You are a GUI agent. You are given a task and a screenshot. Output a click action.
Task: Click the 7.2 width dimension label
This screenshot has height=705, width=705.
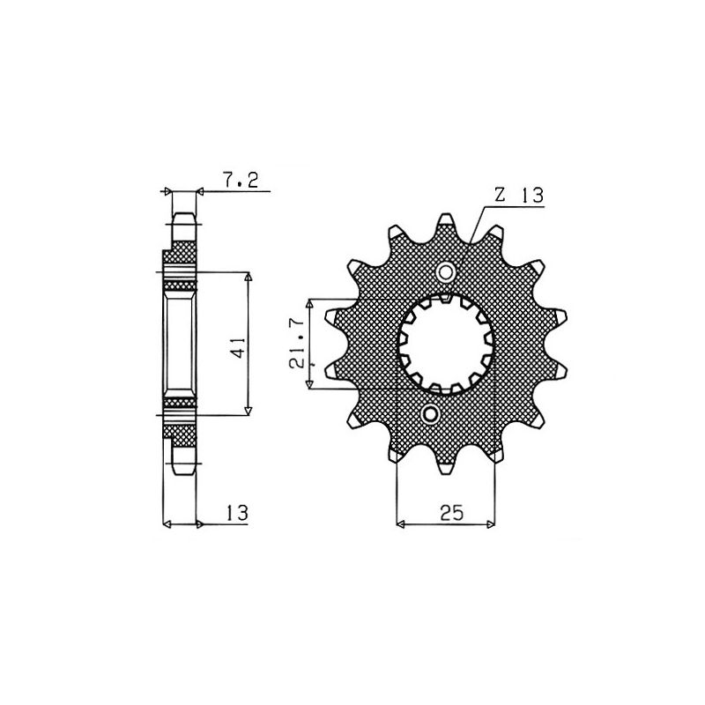click(240, 182)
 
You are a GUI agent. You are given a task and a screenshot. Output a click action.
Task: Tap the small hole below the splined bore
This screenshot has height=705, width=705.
click(430, 413)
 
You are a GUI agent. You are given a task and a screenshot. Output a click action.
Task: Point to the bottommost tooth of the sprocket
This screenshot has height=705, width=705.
click(434, 467)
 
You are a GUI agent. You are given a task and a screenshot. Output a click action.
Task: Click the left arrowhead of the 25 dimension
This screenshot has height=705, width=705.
click(402, 525)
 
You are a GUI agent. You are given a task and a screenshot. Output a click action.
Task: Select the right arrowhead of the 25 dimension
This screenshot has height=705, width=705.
click(491, 525)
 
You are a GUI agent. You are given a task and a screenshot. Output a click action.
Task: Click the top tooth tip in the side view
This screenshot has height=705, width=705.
click(183, 217)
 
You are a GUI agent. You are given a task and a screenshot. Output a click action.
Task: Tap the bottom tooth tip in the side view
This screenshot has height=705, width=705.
click(183, 469)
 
